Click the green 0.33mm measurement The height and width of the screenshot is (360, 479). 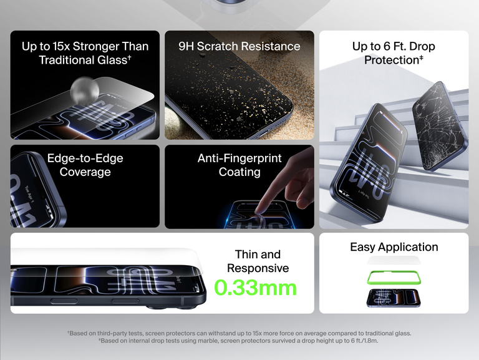click(256, 288)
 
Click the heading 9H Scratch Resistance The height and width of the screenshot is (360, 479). click(239, 46)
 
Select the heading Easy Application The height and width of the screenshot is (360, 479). click(394, 247)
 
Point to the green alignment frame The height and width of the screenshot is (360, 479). click(394, 277)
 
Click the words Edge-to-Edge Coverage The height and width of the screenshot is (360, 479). click(85, 165)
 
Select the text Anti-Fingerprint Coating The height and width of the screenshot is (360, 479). click(239, 165)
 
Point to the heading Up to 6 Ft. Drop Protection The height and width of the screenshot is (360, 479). click(394, 53)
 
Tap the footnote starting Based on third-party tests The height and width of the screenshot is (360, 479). click(239, 333)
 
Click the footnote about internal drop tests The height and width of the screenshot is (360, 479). click(239, 341)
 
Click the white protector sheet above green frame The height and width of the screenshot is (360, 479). click(394, 260)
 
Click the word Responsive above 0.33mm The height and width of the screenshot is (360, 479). click(258, 268)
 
